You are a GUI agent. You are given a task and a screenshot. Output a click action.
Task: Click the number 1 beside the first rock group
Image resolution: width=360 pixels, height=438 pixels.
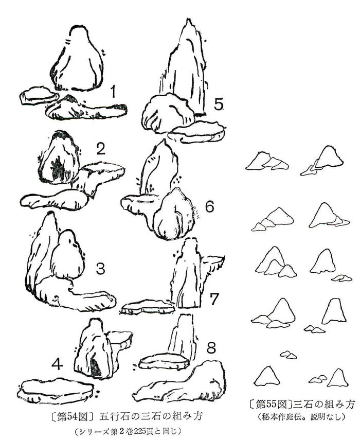coord(113,92)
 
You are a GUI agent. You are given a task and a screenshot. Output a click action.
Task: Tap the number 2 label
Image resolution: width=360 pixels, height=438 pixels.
coord(100,148)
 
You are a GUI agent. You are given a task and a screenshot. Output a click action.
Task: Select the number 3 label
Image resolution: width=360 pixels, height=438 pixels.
coord(100,269)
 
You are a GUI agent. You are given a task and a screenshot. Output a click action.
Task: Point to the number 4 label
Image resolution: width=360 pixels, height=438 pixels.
coord(57,364)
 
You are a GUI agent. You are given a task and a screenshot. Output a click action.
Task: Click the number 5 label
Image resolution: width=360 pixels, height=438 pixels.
coord(219,104)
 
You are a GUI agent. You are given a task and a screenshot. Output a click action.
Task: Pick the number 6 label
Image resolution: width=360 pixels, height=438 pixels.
coord(209,207)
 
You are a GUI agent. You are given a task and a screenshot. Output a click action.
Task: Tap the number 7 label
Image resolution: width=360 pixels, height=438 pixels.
coord(213,299)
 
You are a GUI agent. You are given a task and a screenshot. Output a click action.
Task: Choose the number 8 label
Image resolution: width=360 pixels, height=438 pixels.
coord(211,348)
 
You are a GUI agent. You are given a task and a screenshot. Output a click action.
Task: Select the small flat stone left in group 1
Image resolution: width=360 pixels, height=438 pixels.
coord(39,96)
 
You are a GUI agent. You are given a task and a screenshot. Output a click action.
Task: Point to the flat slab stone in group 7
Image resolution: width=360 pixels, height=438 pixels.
coord(148,307)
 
